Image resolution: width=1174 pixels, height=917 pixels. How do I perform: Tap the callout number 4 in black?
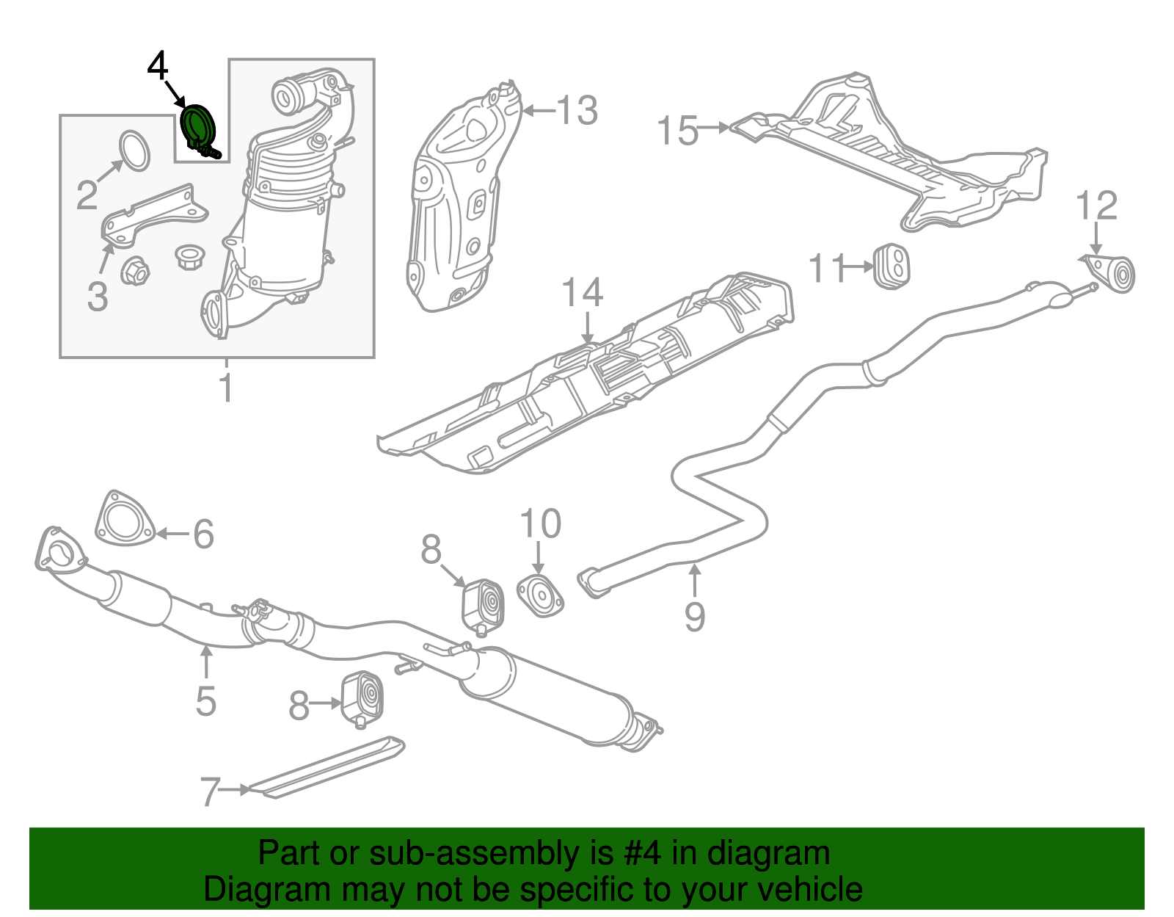pyautogui.click(x=158, y=66)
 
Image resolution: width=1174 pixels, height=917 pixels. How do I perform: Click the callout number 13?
pyautogui.click(x=577, y=111)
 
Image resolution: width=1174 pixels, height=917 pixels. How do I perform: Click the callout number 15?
pyautogui.click(x=677, y=131)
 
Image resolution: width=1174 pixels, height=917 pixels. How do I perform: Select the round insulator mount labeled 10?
pyautogui.click(x=540, y=597)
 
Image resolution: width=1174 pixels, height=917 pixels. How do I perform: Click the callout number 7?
pyautogui.click(x=210, y=792)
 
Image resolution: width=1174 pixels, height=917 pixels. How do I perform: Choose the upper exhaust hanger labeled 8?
pyautogui.click(x=483, y=605)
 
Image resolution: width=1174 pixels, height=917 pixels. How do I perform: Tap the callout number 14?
pyautogui.click(x=583, y=293)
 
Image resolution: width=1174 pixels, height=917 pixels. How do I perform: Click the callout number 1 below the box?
pyautogui.click(x=227, y=388)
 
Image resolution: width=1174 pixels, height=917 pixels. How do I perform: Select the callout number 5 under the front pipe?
pyautogui.click(x=206, y=701)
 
